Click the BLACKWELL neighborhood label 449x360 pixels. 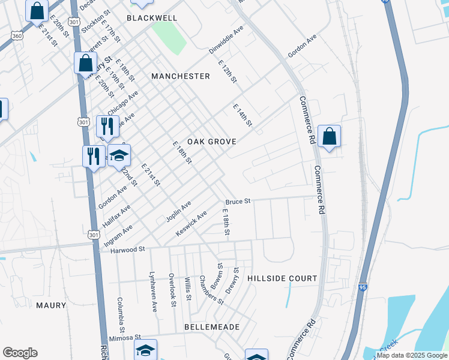click(152, 18)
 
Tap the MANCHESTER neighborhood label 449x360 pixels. click(181, 76)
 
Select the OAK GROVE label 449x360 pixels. click(211, 142)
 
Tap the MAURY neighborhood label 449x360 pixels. click(51, 305)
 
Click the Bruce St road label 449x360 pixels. click(238, 202)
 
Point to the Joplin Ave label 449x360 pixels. click(178, 211)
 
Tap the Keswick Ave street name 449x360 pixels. click(191, 223)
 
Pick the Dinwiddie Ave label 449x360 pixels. click(226, 40)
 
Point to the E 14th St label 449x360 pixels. click(243, 116)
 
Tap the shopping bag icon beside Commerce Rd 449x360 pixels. click(330, 136)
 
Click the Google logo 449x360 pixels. click(20, 353)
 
